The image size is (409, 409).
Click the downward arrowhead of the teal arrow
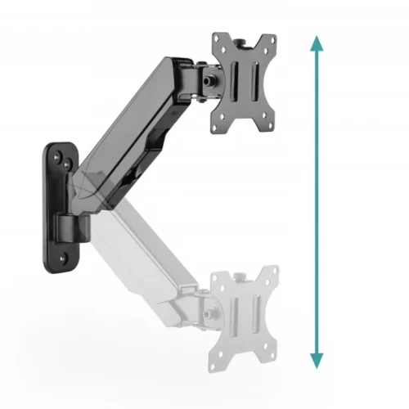(317, 360)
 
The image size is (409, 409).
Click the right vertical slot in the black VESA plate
(254, 85)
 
